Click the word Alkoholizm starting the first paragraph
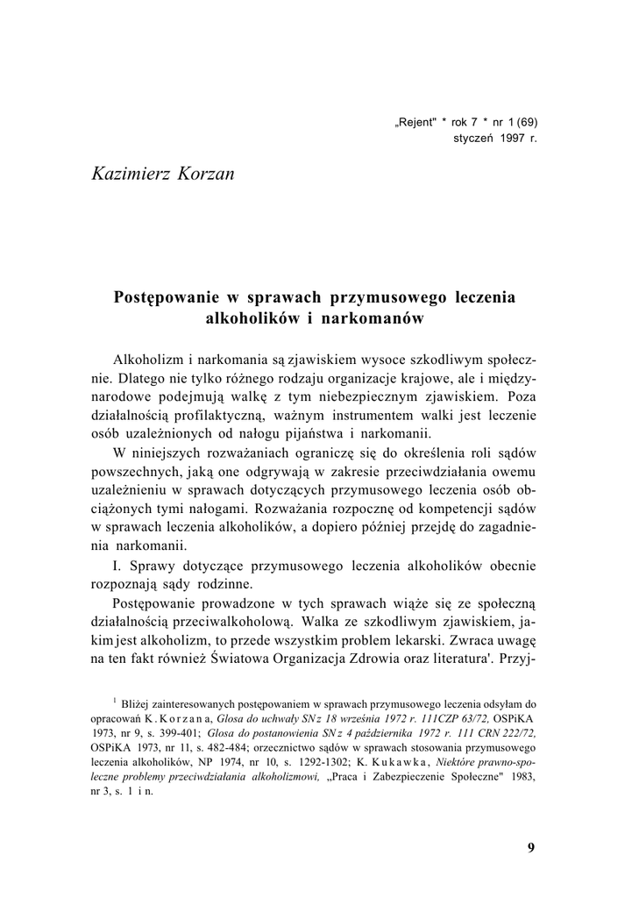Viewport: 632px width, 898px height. point(147,361)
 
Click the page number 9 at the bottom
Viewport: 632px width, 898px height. point(531,847)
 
